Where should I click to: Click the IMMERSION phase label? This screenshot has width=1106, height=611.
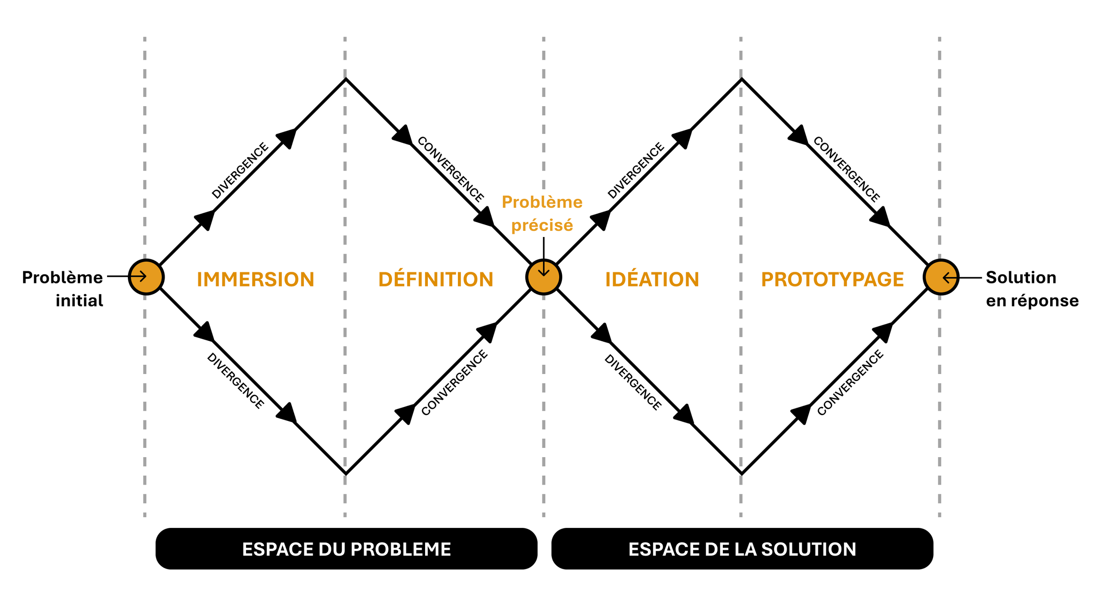255,279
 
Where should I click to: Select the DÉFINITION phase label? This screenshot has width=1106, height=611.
435,279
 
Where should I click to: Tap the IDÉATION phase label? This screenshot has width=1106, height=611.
652,279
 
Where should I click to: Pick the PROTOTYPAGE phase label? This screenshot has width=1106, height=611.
832,279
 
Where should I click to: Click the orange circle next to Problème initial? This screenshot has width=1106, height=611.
146,277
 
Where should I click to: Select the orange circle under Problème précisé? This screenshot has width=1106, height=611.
543,277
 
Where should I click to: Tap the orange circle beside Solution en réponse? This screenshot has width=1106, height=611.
941,277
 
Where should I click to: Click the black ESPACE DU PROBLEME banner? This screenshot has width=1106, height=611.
346,549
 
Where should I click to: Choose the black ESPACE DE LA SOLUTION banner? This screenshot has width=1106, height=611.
742,549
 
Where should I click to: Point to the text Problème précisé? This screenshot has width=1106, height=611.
542,214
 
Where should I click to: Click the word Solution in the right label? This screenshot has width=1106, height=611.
1021,277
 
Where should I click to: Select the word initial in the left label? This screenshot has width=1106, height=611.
79,301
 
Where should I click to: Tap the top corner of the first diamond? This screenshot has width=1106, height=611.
346,80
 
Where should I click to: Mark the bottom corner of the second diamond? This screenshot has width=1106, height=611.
741,474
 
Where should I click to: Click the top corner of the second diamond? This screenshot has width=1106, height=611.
741,80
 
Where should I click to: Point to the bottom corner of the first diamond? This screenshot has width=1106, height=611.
346,474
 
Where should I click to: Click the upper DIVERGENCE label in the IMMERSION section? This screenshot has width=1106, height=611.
240,171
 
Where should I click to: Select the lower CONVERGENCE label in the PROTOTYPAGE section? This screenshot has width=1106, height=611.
850,383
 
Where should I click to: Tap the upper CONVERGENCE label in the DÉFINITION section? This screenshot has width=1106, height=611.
450,169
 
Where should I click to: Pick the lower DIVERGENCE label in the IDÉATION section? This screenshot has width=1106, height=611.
633,382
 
